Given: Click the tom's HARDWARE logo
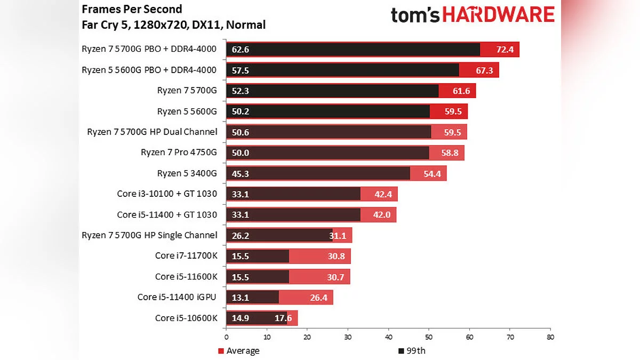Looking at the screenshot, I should [x=473, y=15].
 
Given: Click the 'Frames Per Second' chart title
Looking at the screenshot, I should [x=132, y=9].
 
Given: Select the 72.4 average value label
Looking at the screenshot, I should [x=504, y=50].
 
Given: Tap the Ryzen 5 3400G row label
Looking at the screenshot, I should [x=187, y=173].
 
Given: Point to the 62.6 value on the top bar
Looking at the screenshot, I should [x=241, y=50].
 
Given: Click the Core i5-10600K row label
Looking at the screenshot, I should [x=186, y=318].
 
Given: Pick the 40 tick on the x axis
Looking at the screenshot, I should [x=388, y=337].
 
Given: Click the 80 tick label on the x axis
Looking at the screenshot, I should [x=550, y=337].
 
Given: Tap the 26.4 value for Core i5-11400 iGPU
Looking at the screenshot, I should [x=318, y=298].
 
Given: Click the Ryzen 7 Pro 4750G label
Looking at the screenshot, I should [x=179, y=153].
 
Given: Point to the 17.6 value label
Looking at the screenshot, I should [x=283, y=318].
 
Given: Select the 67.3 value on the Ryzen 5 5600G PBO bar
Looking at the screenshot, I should [x=484, y=70].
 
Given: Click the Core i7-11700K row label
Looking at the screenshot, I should [x=186, y=256].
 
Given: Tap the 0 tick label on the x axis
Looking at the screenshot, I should [x=226, y=337].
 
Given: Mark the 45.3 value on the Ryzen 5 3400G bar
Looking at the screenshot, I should [x=241, y=173].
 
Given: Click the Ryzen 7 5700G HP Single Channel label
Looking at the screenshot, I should [x=149, y=235].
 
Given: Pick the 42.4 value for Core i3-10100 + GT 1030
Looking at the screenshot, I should [x=383, y=194].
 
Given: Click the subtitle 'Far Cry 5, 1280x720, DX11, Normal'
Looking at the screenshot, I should [x=173, y=25].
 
